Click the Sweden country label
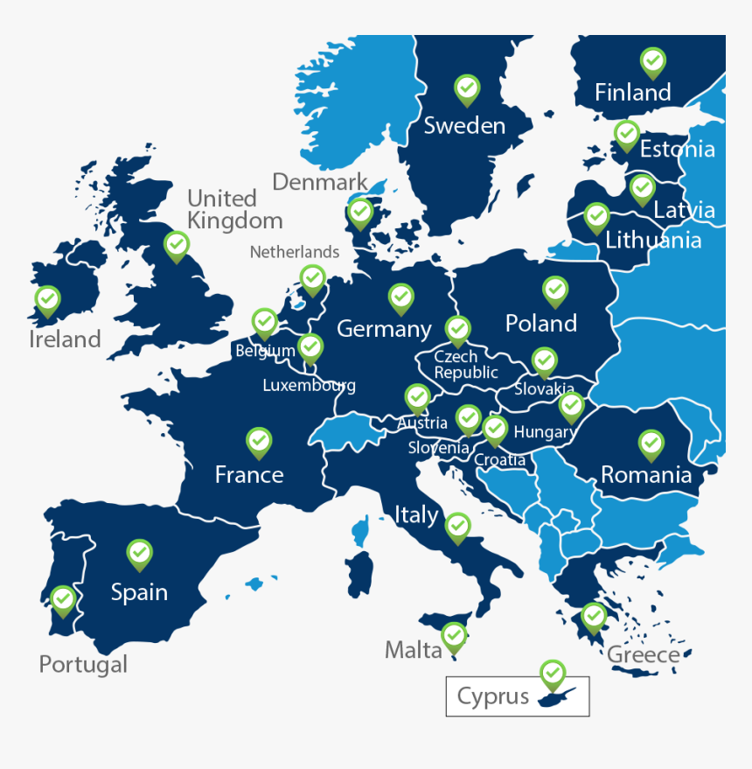tap(464, 126)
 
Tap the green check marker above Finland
tap(652, 62)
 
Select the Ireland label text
tap(65, 339)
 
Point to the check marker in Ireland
tap(47, 300)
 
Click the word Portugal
tap(83, 664)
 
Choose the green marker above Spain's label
tap(139, 554)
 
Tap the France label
tap(249, 475)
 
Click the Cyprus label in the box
tap(493, 697)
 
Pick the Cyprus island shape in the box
tap(557, 697)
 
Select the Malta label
tap(414, 650)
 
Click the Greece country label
tap(643, 654)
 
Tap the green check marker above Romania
tap(651, 444)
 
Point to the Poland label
tap(541, 324)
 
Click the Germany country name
tap(384, 329)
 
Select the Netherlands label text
tap(295, 252)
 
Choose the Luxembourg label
tap(309, 385)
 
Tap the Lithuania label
tap(653, 240)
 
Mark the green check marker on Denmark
tap(360, 212)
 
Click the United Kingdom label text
tap(234, 209)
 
